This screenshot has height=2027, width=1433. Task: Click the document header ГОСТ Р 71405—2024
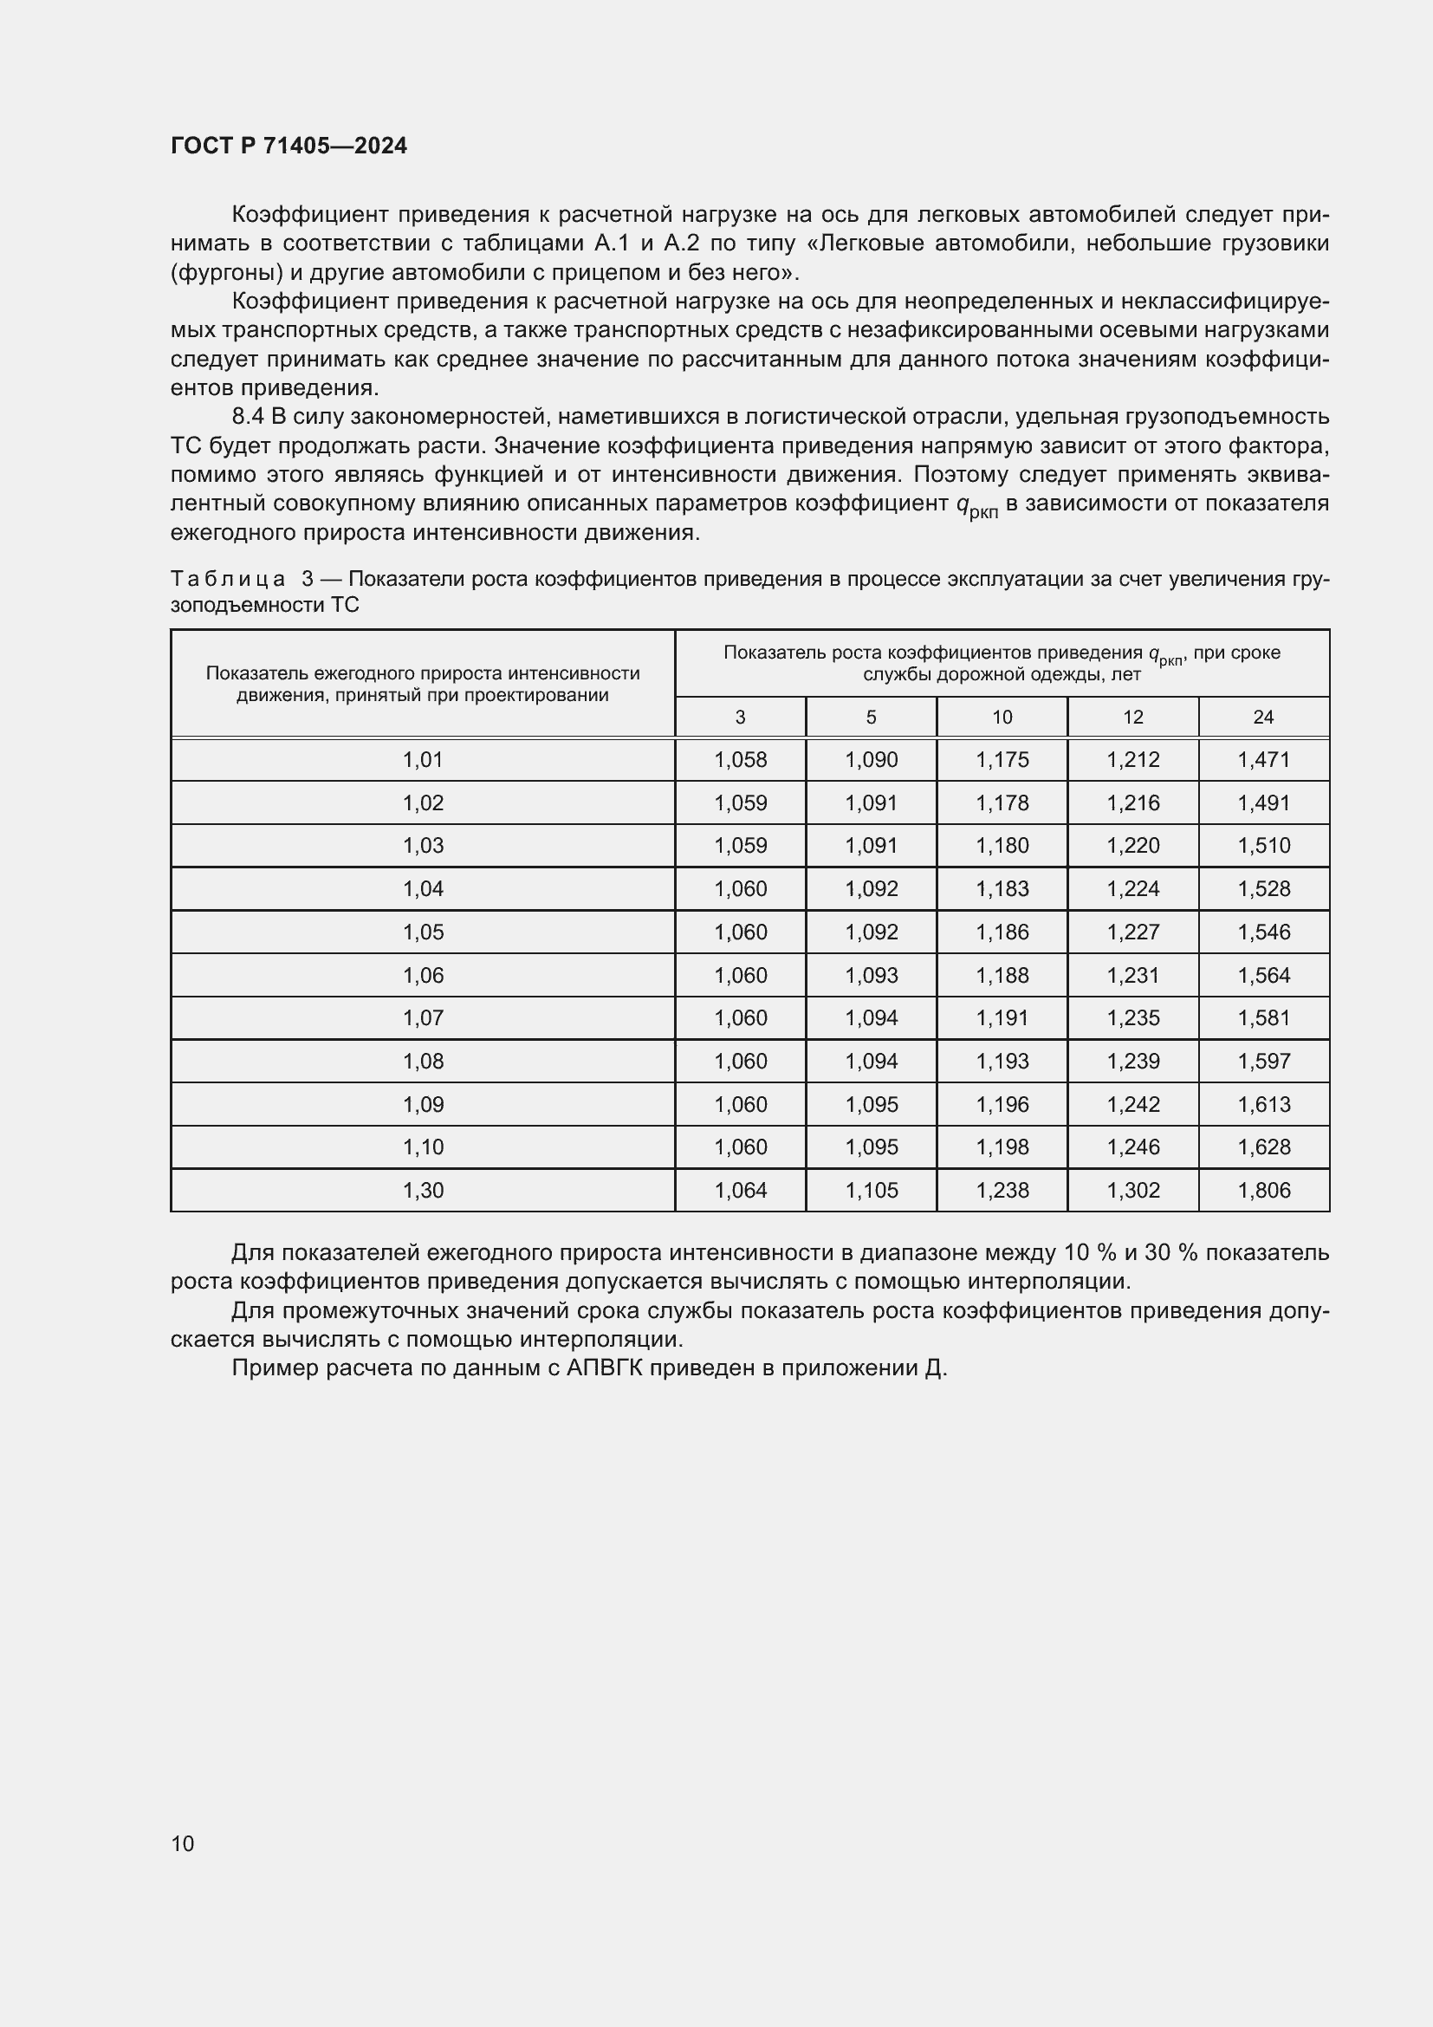coord(289,146)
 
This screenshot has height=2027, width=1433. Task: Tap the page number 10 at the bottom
coord(183,1843)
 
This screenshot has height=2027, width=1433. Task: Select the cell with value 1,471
coord(1263,759)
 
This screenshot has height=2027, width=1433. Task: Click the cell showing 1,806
coord(1263,1190)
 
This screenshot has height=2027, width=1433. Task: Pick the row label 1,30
coord(423,1190)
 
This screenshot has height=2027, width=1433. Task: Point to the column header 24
coord(1263,717)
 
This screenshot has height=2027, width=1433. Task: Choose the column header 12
coord(1133,717)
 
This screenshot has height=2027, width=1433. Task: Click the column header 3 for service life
coord(740,717)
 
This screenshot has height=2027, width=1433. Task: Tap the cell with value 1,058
coord(740,759)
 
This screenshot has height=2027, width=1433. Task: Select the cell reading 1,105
coord(871,1190)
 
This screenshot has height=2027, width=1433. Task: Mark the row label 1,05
coord(423,932)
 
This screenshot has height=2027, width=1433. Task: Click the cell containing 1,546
coord(1263,932)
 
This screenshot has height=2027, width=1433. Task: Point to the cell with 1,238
coord(1002,1190)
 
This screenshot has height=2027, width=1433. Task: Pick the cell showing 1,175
coord(1002,759)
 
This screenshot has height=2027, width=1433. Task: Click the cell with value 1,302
coord(1133,1190)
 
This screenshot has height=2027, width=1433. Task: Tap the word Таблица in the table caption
coord(228,579)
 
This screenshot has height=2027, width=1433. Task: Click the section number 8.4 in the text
coord(248,416)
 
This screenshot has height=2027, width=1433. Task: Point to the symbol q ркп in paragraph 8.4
coord(976,506)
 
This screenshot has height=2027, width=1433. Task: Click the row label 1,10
coord(423,1147)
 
